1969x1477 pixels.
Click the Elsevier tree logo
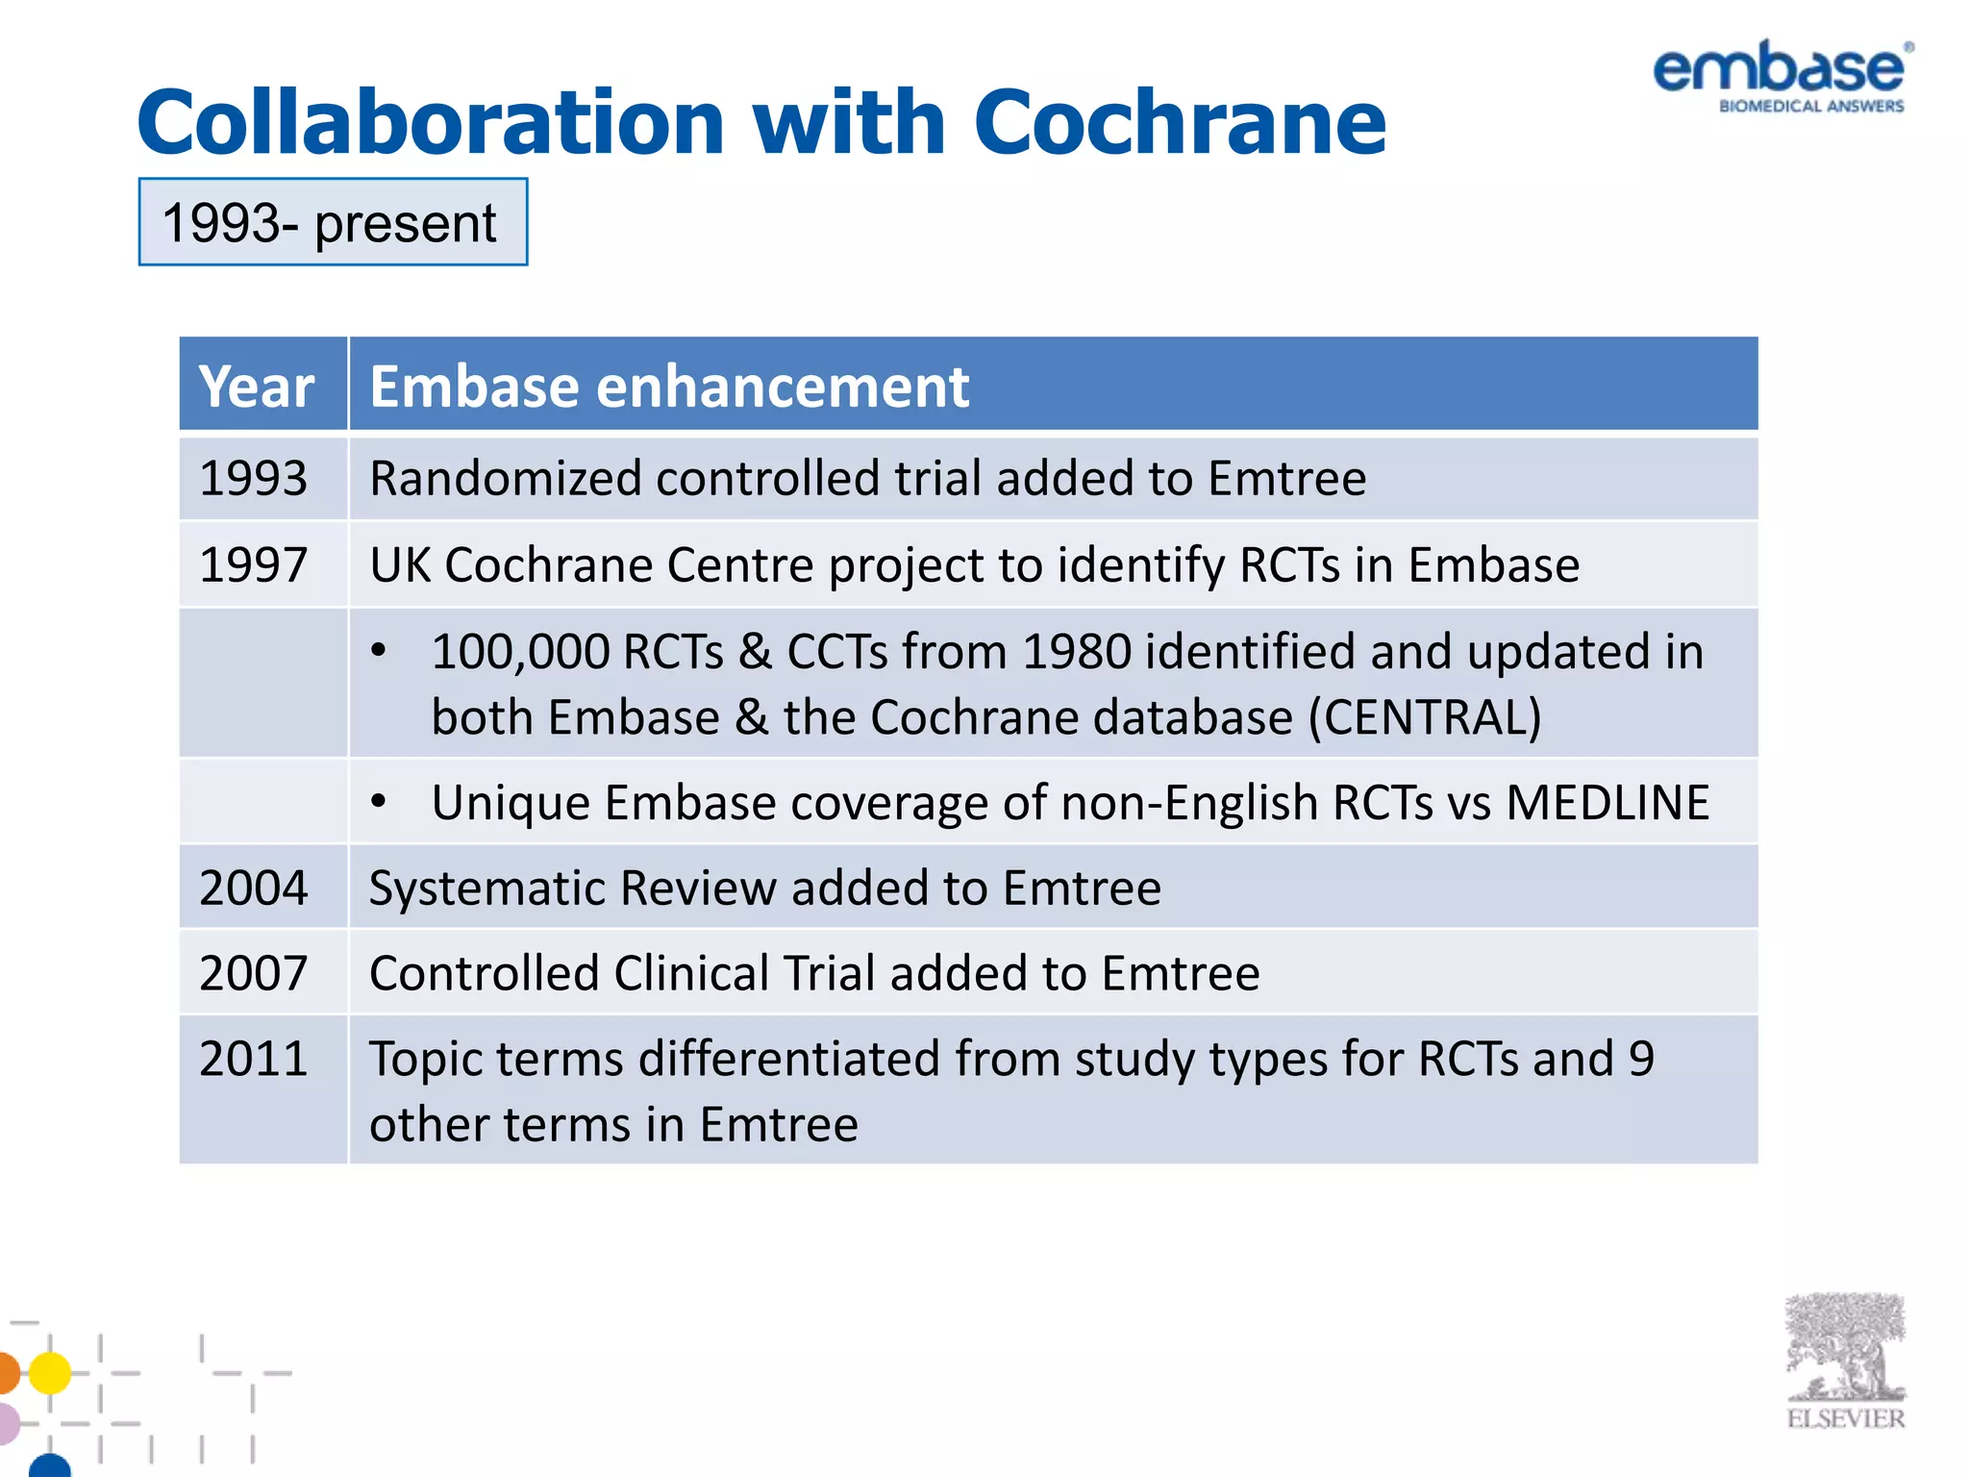(1845, 1358)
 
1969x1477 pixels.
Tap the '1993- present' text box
(333, 222)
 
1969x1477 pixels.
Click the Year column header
(257, 386)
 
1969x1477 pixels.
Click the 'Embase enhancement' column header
(669, 386)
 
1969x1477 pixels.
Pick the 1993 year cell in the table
(253, 478)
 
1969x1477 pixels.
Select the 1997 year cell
(253, 564)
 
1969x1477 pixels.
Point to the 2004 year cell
(253, 888)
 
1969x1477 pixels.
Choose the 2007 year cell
(253, 973)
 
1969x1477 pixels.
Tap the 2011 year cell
(253, 1059)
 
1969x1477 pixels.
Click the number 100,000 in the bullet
(519, 652)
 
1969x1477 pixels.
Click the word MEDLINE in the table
(1608, 802)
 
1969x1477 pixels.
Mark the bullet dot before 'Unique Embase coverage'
(380, 801)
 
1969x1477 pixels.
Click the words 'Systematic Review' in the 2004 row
(573, 888)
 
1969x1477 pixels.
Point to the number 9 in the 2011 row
(1641, 1059)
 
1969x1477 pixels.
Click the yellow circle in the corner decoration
(50, 1372)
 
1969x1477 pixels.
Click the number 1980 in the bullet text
(1076, 652)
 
